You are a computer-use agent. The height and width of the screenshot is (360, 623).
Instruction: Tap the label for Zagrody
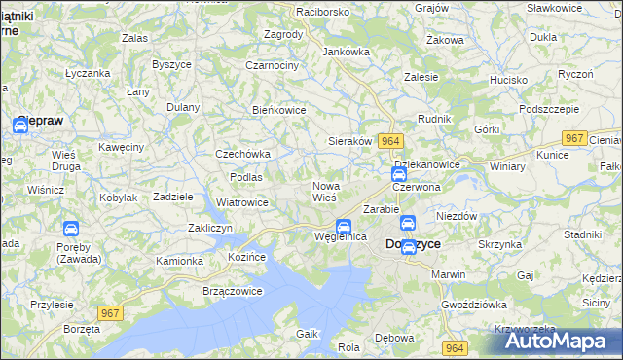(283, 33)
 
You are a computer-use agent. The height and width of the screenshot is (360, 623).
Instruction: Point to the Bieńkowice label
(279, 110)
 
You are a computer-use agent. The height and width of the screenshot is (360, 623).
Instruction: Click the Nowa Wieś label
(325, 191)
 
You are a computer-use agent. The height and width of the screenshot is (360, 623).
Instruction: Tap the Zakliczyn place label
(208, 228)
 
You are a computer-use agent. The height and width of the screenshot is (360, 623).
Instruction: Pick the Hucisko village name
(508, 80)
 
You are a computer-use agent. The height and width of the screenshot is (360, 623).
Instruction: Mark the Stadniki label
(582, 234)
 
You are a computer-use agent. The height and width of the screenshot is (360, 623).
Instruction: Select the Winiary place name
(507, 165)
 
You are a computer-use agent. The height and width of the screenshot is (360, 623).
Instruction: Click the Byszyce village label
(170, 64)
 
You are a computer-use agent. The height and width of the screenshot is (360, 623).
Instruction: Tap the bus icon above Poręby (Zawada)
(71, 229)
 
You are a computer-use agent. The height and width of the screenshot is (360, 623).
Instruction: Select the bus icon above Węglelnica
(344, 226)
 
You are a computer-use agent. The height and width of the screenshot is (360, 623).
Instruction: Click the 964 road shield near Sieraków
(390, 141)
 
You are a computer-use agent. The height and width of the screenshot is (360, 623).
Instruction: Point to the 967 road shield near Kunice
(575, 138)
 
